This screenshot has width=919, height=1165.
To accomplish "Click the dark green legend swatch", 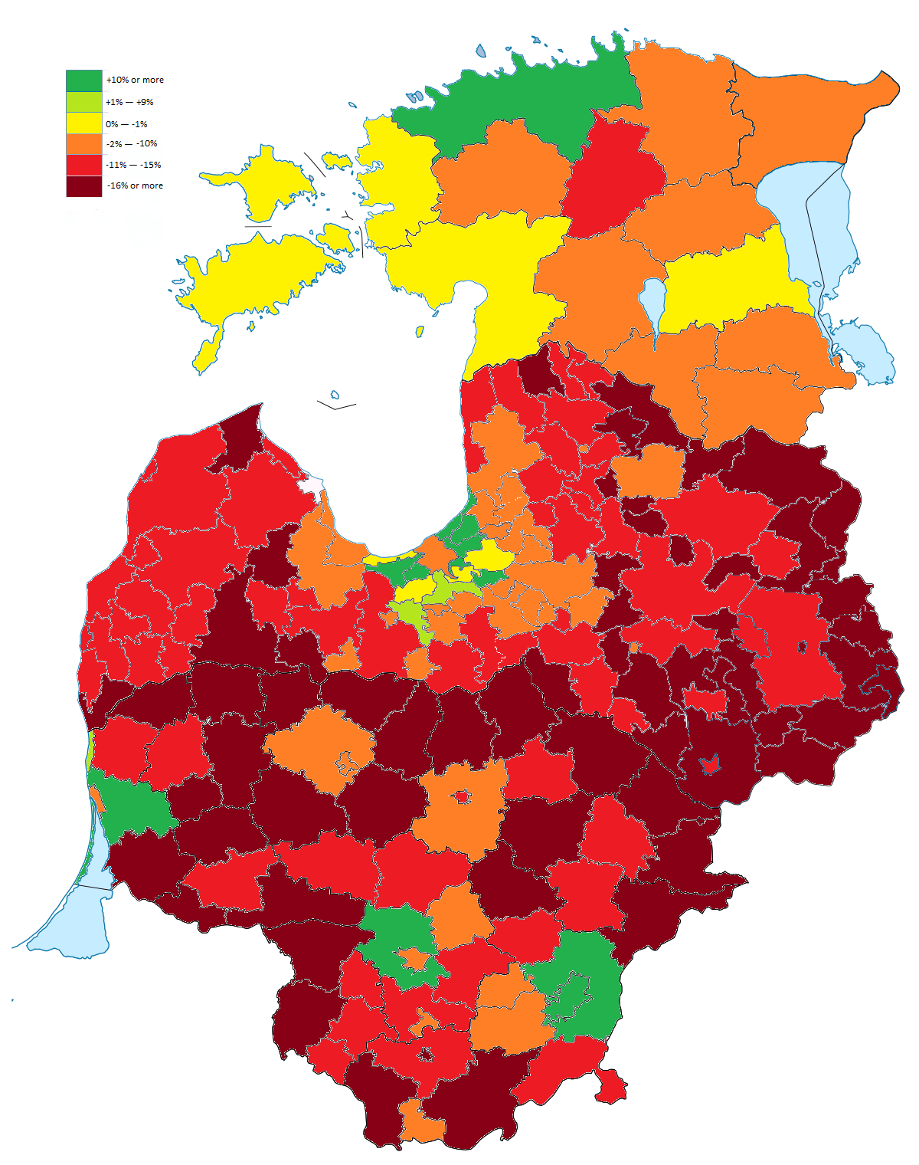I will point(83,80).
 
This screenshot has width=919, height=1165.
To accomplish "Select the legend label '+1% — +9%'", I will point(129,102).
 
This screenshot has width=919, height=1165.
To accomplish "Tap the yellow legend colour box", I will point(83,123).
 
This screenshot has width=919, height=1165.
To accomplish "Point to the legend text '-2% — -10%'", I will point(132,144).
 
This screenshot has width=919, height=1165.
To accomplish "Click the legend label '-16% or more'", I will point(135,185).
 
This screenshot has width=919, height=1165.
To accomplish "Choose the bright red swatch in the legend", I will point(83,165).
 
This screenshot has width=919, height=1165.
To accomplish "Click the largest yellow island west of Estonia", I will point(253,276).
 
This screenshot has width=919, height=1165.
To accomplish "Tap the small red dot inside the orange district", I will point(461,797).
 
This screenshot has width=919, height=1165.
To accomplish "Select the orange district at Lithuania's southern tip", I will point(420,1123).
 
